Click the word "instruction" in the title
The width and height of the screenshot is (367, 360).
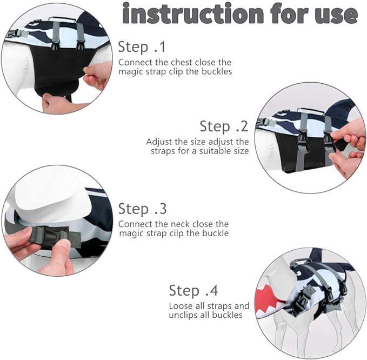pos(193,14)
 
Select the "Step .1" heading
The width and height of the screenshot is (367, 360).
pos(142,47)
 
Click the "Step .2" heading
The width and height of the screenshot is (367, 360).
pos(224,126)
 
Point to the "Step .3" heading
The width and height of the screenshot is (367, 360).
pos(142,209)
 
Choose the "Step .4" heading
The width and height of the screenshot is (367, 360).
pos(193,290)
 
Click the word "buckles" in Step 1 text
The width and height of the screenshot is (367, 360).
pos(217,72)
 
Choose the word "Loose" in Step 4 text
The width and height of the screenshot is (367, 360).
pos(180,306)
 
